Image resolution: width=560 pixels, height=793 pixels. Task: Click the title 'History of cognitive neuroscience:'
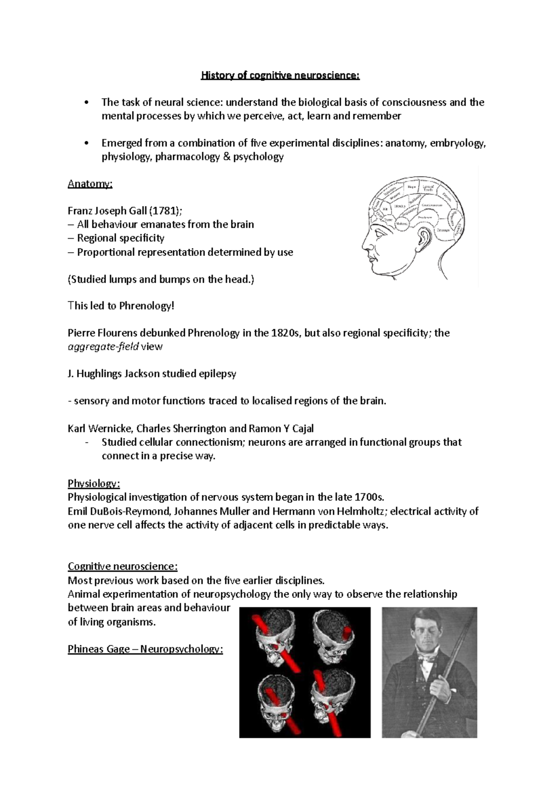point(280,75)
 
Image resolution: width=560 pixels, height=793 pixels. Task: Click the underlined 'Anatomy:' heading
point(90,184)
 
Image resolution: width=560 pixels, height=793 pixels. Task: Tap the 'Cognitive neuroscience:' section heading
point(123,566)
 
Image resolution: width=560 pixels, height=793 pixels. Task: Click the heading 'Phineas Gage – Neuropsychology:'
point(146,649)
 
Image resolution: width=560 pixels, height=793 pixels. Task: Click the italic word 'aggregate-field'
point(103,347)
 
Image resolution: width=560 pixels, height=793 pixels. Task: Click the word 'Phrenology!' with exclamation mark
point(147,306)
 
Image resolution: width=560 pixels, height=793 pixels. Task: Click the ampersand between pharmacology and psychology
point(227,157)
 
